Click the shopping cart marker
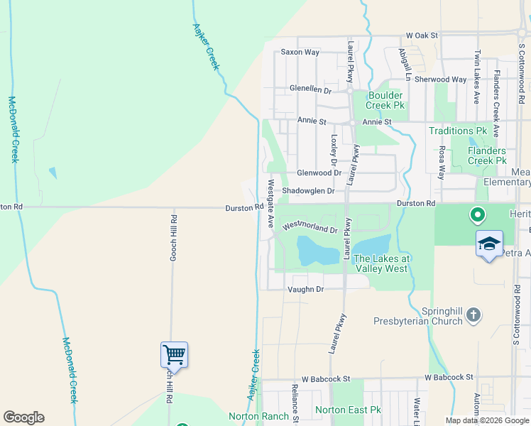point(174,354)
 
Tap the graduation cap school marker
point(488,244)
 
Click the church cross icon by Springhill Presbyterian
point(474,315)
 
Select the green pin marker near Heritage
point(478,214)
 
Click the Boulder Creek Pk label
point(385,100)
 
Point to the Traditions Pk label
point(458,131)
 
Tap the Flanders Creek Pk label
point(487,155)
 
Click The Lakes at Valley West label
point(381,263)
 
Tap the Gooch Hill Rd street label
point(173,237)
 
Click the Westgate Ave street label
point(270,203)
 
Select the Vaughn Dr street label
point(305,289)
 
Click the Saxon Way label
point(300,52)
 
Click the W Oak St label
point(422,35)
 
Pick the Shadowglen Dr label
point(307,190)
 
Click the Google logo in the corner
point(23,417)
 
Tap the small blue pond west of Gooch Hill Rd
point(53,173)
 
